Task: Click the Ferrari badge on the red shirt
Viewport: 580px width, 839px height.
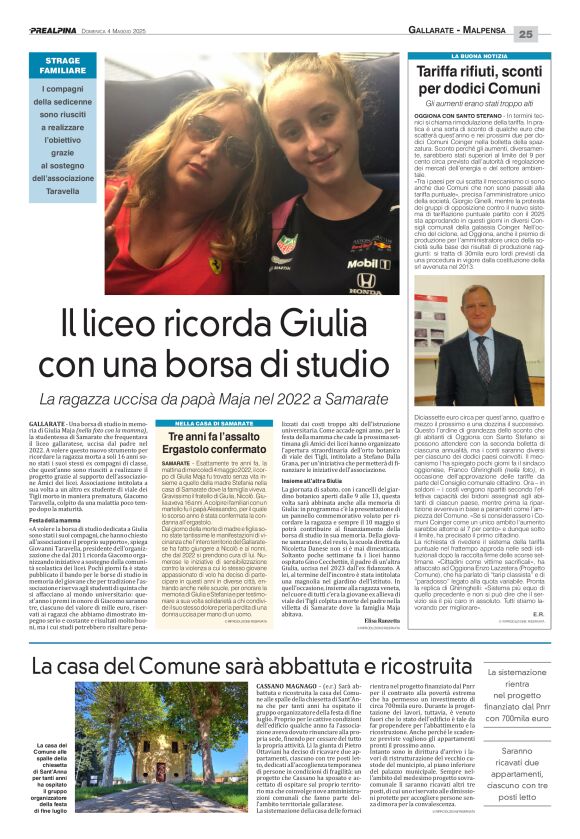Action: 213,266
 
